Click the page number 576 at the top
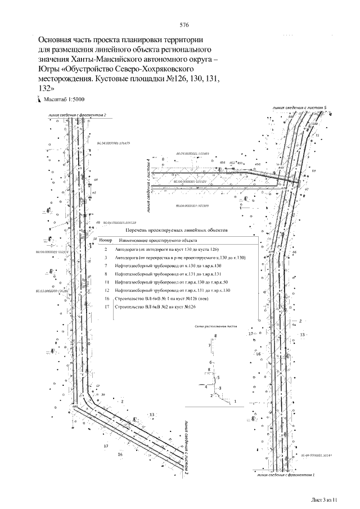coord(184,25)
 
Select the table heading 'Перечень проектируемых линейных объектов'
coord(176,231)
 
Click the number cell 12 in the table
coord(106,290)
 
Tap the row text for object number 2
coord(166,249)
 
